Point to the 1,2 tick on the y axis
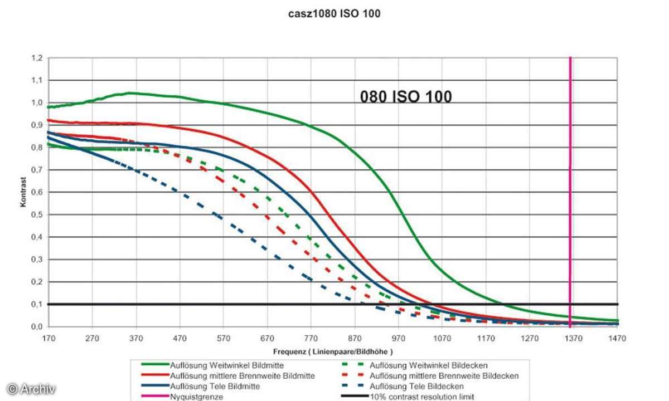pos(37,58)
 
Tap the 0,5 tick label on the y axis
pos(37,215)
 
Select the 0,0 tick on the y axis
pos(37,327)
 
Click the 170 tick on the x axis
pos(49,338)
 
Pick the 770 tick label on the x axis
pos(311,338)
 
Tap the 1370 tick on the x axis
pos(574,338)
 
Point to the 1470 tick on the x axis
pos(618,338)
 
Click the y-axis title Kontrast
pos(23,193)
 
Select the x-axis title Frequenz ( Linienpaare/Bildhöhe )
pos(333,352)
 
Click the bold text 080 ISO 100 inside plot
pos(406,97)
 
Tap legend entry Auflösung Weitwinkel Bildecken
pos(429,365)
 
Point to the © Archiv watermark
pos(31,389)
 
